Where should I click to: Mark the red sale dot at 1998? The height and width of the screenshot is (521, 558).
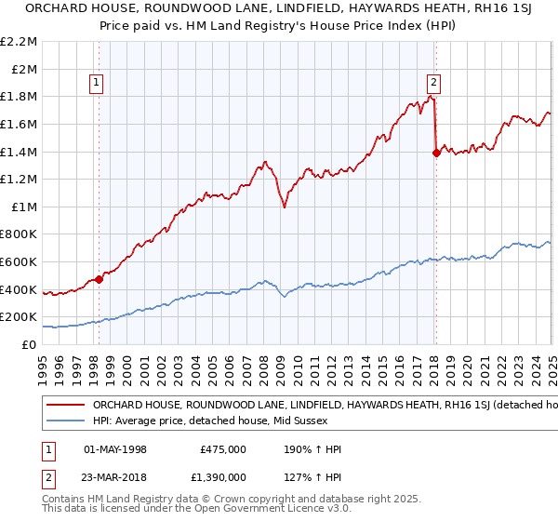(99, 279)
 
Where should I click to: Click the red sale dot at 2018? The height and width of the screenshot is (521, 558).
(436, 154)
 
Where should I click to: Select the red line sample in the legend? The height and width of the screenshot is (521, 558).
(65, 405)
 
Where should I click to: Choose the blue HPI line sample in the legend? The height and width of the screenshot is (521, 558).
(65, 421)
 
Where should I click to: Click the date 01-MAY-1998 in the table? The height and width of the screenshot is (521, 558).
(115, 449)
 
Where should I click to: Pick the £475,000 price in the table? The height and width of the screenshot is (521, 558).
(223, 449)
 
